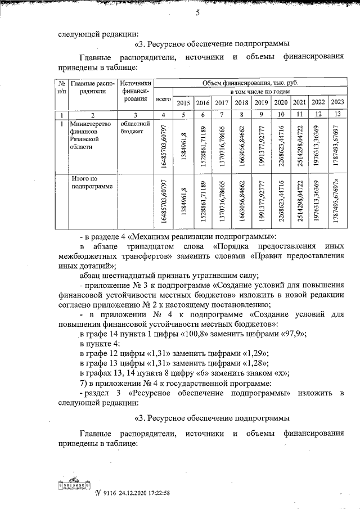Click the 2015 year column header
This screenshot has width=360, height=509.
click(x=183, y=102)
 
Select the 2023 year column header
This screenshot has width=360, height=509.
click(x=337, y=102)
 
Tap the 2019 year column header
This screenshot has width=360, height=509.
click(x=260, y=102)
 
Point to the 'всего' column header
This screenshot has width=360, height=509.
click(x=163, y=98)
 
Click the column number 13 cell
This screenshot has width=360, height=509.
click(x=337, y=114)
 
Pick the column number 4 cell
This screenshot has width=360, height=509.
click(x=163, y=115)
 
